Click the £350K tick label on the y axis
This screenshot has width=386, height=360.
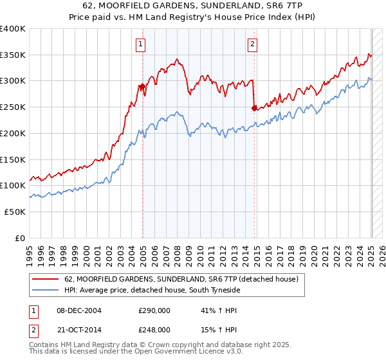[x=13, y=55]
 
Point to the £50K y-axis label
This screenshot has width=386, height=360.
[x=15, y=212]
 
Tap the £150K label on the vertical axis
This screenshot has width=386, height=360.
[x=13, y=159]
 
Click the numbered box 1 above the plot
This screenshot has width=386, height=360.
[x=140, y=44]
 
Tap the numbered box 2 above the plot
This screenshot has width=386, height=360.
[x=252, y=44]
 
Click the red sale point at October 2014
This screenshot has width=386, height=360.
[x=255, y=108]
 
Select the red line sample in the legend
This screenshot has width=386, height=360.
[x=46, y=280]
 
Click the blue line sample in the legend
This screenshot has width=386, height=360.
[x=46, y=291]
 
